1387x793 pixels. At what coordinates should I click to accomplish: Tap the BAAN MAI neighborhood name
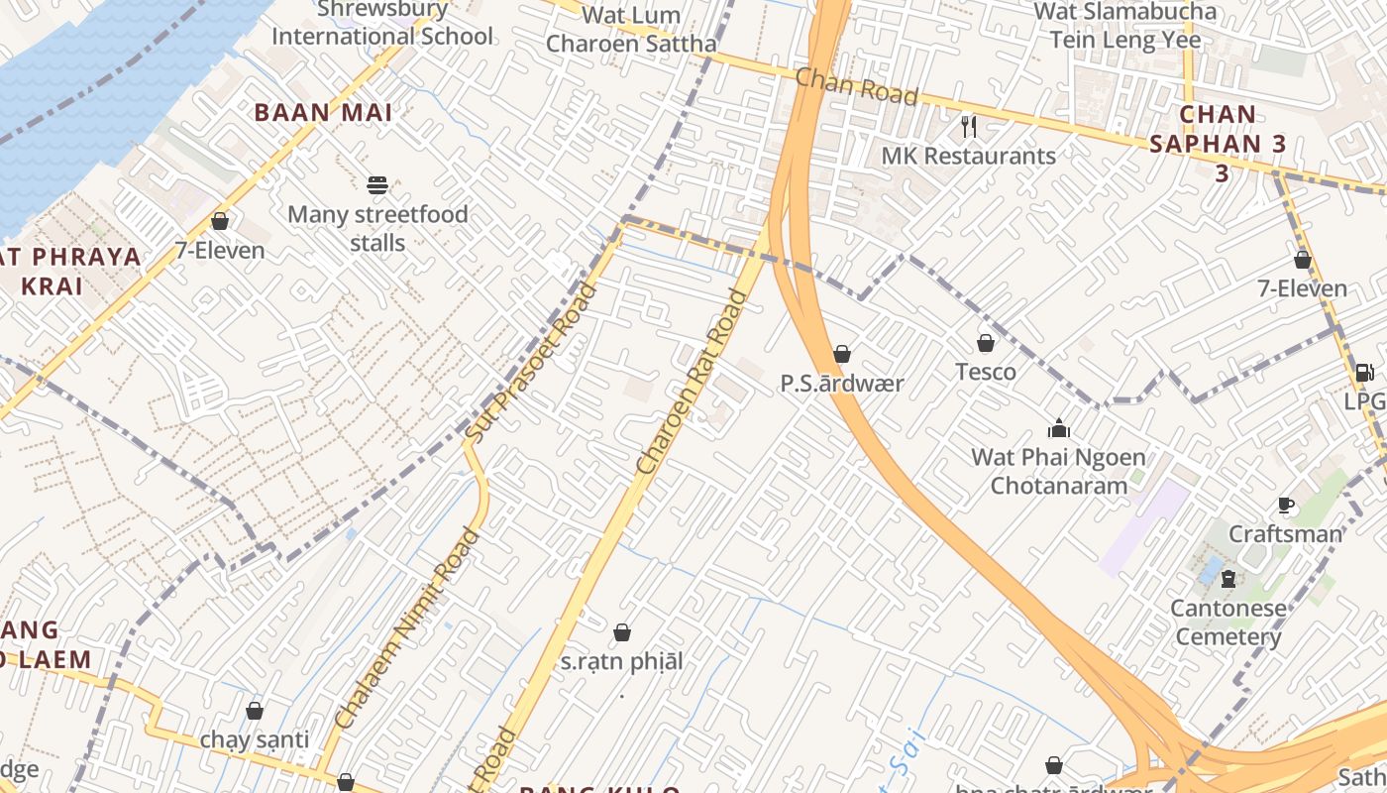[324, 113]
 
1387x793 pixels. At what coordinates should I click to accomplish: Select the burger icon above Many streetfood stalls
[376, 184]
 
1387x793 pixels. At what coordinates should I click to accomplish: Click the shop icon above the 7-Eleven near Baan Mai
[220, 221]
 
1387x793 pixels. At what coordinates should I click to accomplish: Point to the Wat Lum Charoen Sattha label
[631, 30]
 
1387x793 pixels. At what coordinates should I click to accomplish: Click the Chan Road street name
[856, 85]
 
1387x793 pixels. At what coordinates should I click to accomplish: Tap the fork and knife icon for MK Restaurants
[969, 126]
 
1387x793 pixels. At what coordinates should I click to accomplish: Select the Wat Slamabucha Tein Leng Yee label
[1124, 26]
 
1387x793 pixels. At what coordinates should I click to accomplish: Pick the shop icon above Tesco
[986, 343]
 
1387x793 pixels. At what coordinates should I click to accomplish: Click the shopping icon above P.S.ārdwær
[842, 354]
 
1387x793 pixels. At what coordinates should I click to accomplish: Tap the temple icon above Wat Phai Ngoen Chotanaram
[1059, 428]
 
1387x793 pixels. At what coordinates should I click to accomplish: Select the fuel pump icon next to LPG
[1363, 373]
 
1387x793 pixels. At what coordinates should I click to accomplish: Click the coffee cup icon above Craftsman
[1286, 506]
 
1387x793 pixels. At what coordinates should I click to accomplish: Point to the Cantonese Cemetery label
[1228, 622]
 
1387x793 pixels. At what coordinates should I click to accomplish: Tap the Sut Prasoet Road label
[532, 363]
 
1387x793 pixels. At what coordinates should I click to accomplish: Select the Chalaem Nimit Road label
[408, 629]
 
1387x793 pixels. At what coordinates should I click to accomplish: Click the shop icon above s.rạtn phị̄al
[622, 632]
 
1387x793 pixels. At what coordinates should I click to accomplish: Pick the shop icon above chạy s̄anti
[255, 711]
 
